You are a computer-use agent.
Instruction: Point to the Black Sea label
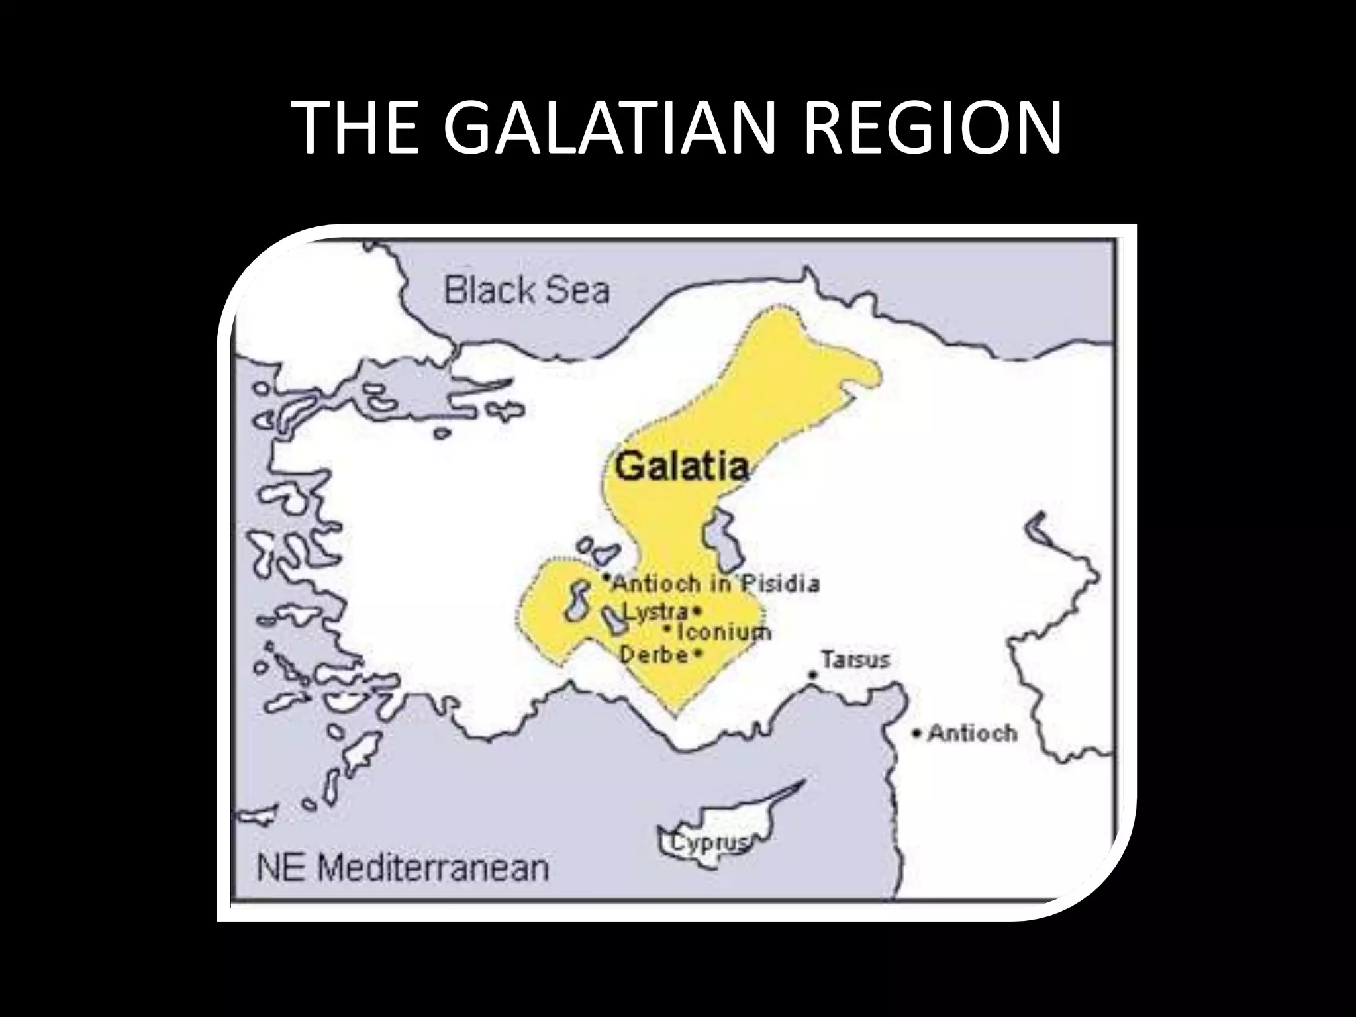point(526,291)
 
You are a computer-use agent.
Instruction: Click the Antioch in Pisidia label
point(715,583)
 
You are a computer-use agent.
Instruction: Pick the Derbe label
point(654,655)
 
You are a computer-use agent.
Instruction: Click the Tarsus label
point(855,659)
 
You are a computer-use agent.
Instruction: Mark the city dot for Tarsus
point(812,675)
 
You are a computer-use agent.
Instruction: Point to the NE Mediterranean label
point(403,868)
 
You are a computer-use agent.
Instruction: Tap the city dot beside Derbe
point(698,655)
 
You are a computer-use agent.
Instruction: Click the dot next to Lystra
point(697,610)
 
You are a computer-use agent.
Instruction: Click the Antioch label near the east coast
point(972,733)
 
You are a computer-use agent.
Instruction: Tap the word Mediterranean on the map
point(434,868)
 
